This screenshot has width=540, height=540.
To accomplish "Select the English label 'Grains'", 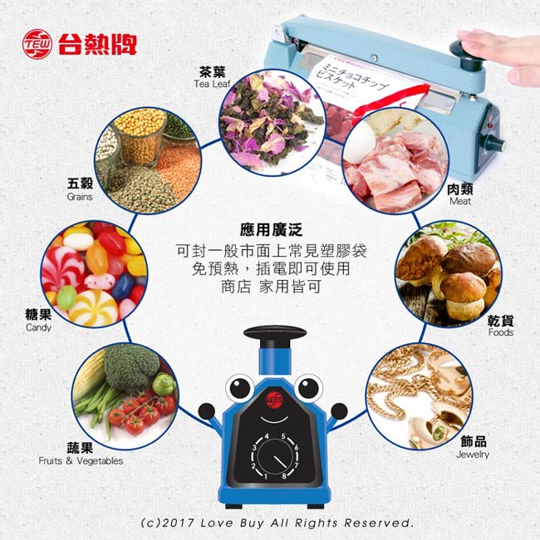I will [81, 197].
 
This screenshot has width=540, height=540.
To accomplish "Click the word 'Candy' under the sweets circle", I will [38, 327].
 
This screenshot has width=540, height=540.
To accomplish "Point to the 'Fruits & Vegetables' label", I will [81, 460].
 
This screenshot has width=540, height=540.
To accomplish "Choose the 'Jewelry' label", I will [473, 454].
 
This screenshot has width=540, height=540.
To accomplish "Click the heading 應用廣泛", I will [269, 228].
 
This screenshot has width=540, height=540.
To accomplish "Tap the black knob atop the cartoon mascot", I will [271, 334].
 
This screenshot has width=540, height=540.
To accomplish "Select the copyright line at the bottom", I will [277, 523].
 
